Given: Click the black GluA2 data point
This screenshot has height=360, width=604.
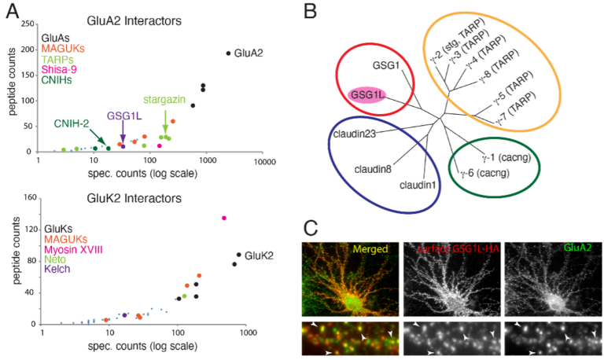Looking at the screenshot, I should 228,53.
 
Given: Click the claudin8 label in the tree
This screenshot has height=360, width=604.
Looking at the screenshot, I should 370,167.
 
